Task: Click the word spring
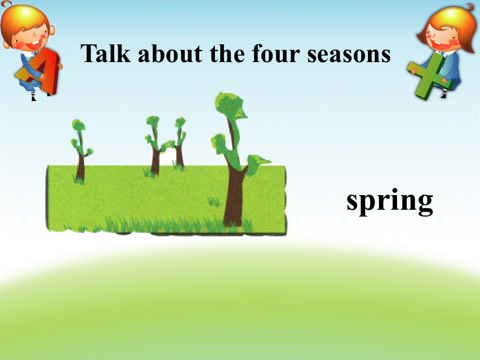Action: click(x=390, y=201)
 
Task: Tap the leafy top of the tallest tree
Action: click(x=230, y=107)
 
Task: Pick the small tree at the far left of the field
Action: click(x=79, y=151)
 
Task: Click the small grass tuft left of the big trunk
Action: click(x=213, y=200)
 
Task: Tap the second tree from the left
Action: click(x=154, y=146)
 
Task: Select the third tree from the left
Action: click(x=179, y=146)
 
